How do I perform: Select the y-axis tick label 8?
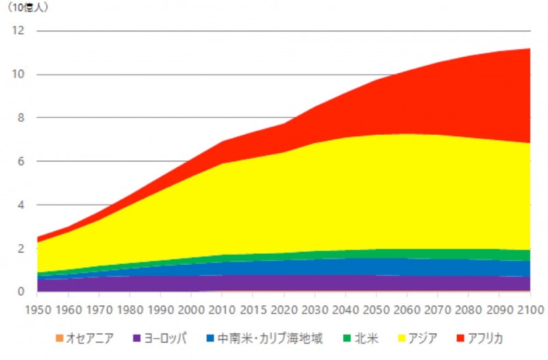pos(21,118)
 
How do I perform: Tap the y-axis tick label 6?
pos(21,162)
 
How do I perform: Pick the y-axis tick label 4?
pos(21,205)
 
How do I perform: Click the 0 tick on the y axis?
pos(21,292)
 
